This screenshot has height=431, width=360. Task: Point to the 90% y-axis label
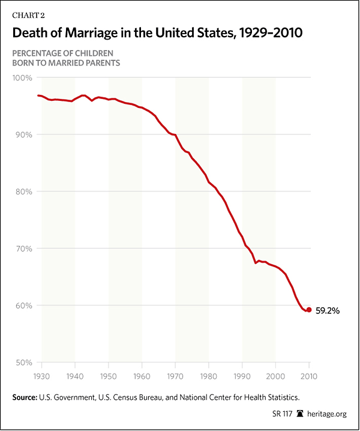click(25, 135)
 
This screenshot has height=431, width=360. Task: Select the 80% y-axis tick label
click(25, 192)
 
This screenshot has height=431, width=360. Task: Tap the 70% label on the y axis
click(25, 249)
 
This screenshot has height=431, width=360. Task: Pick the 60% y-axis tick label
click(25, 306)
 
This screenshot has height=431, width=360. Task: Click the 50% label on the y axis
click(25, 363)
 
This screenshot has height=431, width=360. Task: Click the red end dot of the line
click(309, 310)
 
